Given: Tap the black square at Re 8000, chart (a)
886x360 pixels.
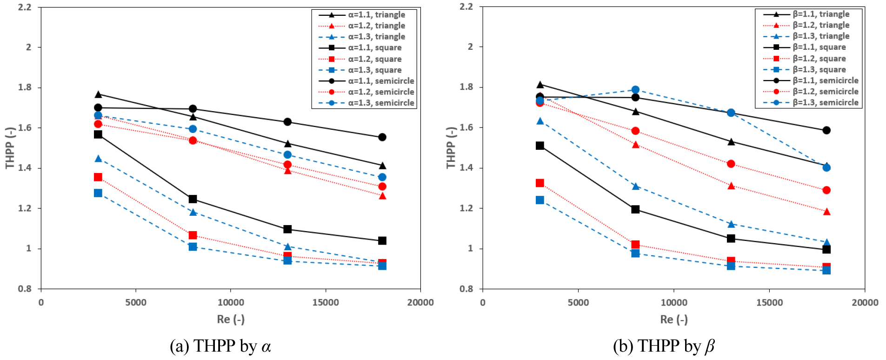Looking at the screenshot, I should (193, 199).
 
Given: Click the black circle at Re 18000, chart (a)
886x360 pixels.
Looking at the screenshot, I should (382, 137).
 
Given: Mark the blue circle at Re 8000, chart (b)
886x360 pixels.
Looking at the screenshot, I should (635, 90).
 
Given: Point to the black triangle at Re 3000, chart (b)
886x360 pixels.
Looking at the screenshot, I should (540, 85).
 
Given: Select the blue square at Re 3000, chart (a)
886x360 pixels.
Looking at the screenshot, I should (98, 193).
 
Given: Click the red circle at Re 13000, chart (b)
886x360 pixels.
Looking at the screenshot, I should (731, 164).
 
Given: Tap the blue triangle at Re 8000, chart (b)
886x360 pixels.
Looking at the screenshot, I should (635, 187).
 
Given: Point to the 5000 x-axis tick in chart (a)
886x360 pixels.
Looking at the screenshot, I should (136, 303).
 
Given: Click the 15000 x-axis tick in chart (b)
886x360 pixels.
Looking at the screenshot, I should (769, 303).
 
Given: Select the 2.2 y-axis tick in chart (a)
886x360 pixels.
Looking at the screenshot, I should (25, 7).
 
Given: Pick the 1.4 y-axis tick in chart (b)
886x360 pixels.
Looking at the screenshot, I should (466, 168).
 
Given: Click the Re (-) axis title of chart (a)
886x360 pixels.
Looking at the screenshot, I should (231, 320).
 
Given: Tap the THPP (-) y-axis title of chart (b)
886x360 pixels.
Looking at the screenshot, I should (451, 147).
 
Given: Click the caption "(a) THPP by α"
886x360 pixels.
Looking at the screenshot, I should (220, 347).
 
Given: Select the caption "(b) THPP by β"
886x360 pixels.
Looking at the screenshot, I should (664, 347).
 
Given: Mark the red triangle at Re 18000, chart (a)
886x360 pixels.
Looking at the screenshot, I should (382, 196).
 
